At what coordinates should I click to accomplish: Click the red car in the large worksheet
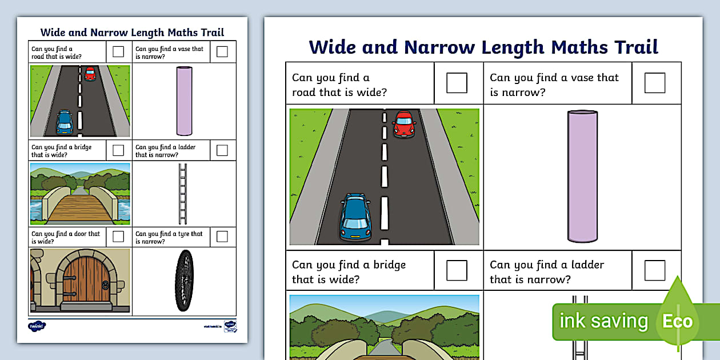coord(404,123)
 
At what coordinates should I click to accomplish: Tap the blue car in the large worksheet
coord(355,217)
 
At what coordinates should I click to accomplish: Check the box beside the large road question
coord(457,83)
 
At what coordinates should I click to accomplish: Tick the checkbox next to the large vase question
coord(654,83)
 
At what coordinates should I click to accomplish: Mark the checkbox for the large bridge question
coord(457,270)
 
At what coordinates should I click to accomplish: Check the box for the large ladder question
coord(654,270)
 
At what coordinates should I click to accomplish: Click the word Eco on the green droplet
coord(677,321)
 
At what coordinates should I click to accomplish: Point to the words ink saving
coord(603,321)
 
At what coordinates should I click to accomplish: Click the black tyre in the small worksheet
coord(184,281)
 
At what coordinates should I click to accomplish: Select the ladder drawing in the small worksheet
coord(183,194)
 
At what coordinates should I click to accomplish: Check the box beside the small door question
coord(118,236)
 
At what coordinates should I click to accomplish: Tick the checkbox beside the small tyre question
coord(222,236)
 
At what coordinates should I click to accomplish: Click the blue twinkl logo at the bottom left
coord(37,326)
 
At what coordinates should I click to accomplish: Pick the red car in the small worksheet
coord(90,73)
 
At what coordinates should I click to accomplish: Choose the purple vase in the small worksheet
coord(184,101)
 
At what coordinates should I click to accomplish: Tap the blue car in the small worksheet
coord(65,122)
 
